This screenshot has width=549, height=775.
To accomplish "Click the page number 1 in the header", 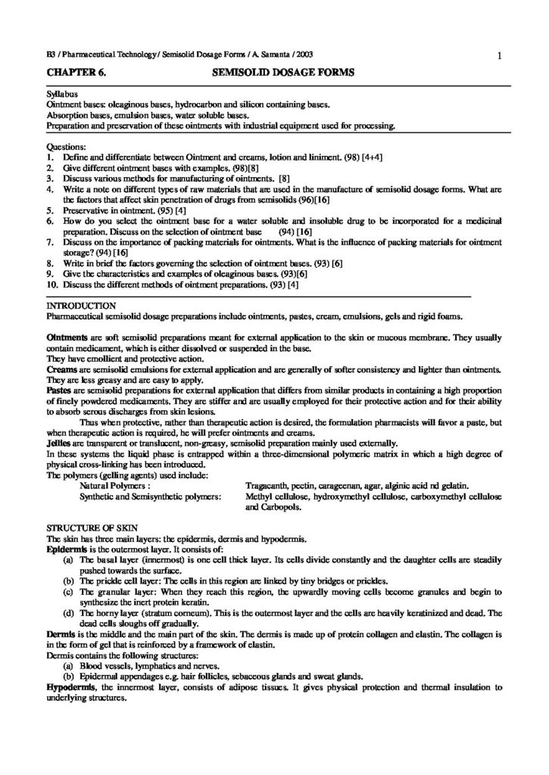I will pyautogui.click(x=501, y=54).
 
